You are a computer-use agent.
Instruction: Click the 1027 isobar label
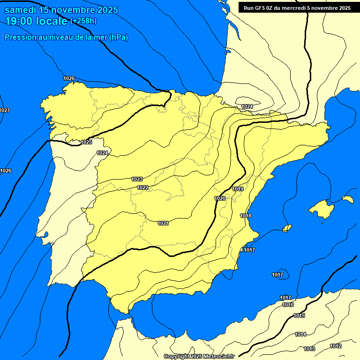click(5, 110)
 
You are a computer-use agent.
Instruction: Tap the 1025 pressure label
click(86, 142)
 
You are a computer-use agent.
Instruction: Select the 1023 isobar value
click(137, 179)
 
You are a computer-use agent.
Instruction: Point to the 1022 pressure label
click(143, 187)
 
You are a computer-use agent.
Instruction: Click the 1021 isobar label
click(163, 223)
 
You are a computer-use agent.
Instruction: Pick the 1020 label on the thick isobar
click(220, 198)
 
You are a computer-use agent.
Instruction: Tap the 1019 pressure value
click(238, 189)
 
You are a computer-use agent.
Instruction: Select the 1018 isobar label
click(246, 216)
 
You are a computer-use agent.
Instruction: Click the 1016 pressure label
click(288, 305)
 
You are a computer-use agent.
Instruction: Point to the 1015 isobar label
click(300, 315)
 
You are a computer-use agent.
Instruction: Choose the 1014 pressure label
click(300, 334)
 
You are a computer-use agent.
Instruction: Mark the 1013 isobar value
click(309, 349)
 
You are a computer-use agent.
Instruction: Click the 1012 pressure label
click(336, 346)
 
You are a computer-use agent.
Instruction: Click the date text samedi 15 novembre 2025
click(61, 10)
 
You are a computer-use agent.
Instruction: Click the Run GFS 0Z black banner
click(297, 8)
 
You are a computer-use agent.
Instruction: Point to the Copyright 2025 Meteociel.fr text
click(199, 356)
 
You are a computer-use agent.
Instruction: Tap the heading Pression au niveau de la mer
click(66, 37)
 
